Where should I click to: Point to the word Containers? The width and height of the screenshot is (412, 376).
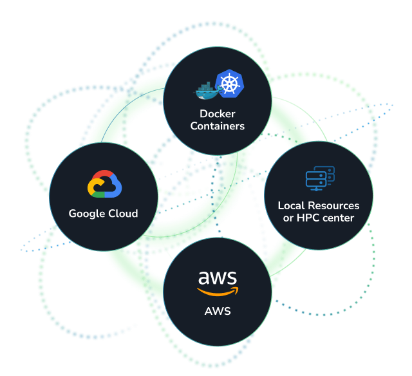point(218,126)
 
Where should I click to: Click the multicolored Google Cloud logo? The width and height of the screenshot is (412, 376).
point(104,184)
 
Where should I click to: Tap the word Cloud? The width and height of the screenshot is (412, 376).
point(123,213)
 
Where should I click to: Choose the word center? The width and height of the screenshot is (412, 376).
point(339,218)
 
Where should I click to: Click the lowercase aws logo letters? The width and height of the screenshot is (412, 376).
point(218,279)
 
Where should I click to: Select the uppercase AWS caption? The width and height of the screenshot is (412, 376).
point(218,312)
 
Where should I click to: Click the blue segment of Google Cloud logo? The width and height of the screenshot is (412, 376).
point(115,186)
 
